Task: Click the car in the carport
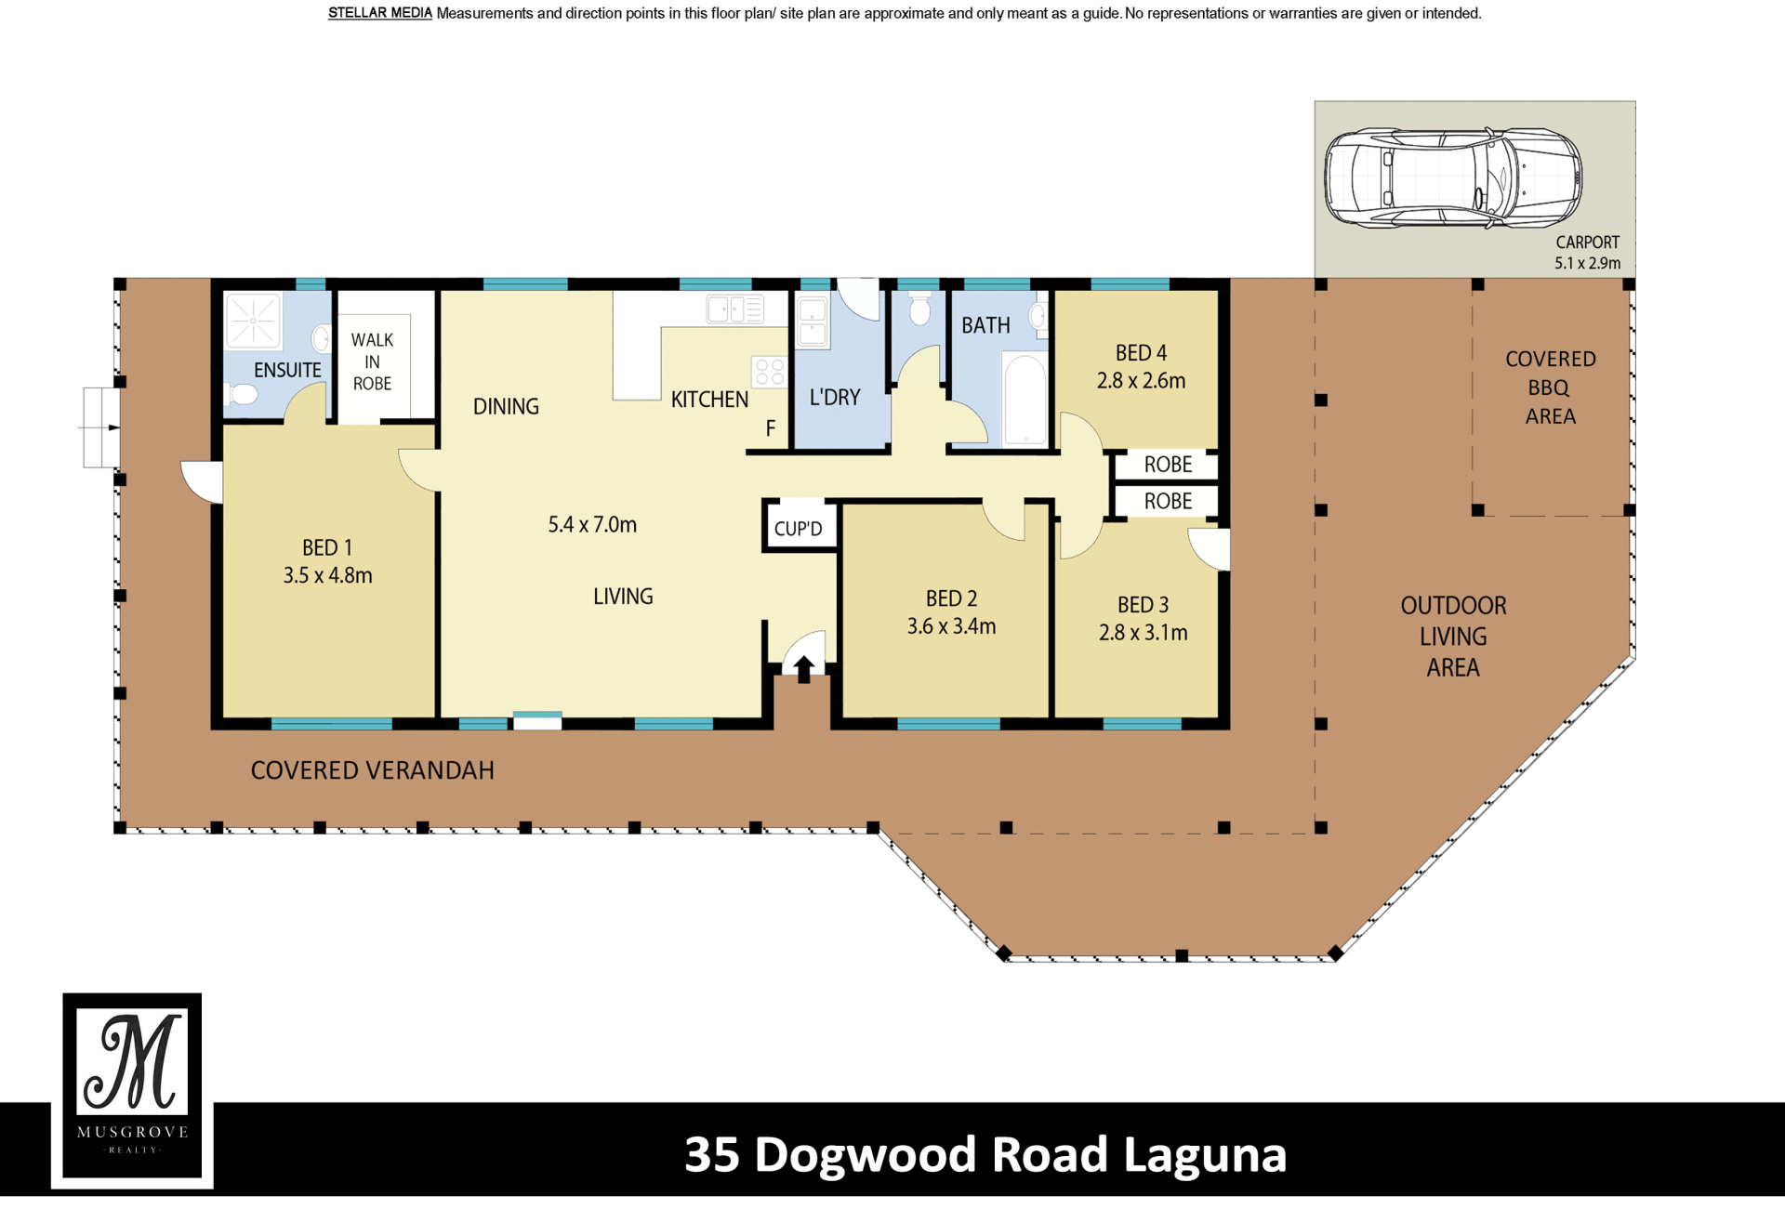(1452, 177)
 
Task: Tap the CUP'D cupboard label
(798, 529)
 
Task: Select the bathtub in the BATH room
(1025, 400)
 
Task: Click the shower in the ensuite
(253, 322)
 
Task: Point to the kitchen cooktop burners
(770, 372)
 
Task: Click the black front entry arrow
(803, 668)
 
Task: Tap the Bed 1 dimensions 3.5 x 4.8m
(327, 575)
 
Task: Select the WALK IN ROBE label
(372, 361)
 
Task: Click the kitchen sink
(734, 309)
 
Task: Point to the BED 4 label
(1141, 353)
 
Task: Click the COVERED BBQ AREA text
(1550, 388)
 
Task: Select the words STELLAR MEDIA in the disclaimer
(380, 14)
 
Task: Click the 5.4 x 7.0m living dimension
(592, 524)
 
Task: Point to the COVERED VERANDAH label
(372, 770)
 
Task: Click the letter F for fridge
(770, 429)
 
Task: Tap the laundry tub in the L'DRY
(813, 322)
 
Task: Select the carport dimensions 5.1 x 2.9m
(1587, 263)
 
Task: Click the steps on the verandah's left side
(100, 427)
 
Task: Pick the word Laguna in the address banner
(1205, 1155)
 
